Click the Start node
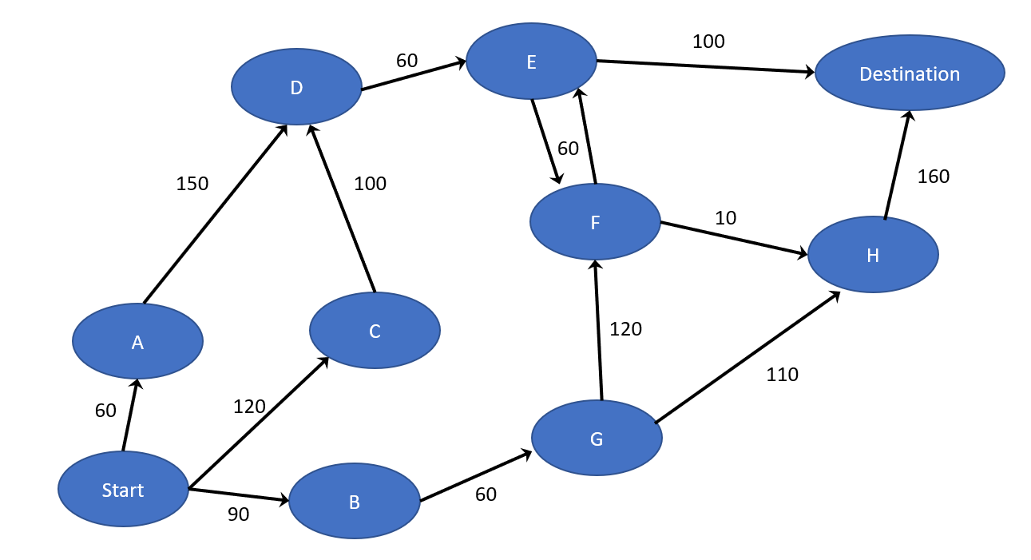[123, 489]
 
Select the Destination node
[910, 73]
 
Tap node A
[137, 342]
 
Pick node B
[355, 501]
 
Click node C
[375, 331]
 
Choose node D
[296, 87]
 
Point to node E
[531, 62]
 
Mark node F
[595, 222]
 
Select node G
[597, 438]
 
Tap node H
[873, 255]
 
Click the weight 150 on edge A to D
[192, 184]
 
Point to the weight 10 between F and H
[726, 217]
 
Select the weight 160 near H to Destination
[934, 177]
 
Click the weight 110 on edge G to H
[782, 374]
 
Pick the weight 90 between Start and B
[238, 514]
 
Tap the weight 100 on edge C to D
[370, 184]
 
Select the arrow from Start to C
[258, 423]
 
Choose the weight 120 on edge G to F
[625, 328]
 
